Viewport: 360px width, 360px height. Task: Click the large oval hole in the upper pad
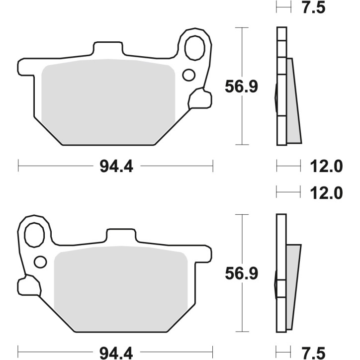tap(194, 48)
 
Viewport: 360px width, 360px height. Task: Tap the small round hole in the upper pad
tap(188, 75)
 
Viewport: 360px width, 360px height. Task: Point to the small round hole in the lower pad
tap(40, 261)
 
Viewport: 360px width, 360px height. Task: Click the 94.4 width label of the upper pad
tap(115, 166)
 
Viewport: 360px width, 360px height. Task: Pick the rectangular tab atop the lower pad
tap(121, 236)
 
